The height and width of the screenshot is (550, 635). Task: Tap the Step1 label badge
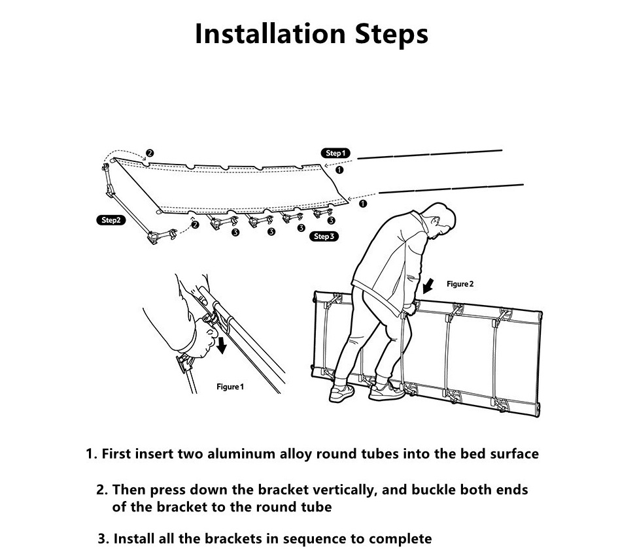point(335,153)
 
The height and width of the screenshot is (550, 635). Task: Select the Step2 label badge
point(110,220)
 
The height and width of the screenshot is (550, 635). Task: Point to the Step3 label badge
point(323,236)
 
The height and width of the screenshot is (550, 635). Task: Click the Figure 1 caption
point(230,387)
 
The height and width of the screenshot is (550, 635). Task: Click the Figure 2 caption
point(460,284)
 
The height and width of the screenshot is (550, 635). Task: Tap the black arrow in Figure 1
point(222,344)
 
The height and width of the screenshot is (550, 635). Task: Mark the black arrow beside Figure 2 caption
point(428,285)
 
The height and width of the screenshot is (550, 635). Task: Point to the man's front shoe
point(386,391)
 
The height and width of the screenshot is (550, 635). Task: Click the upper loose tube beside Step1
point(429,154)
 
